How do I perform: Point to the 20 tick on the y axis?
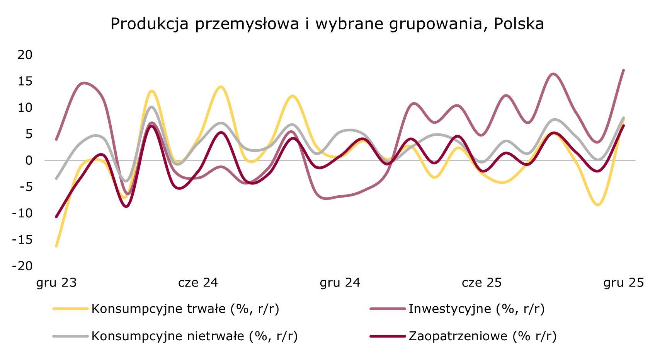click(x=25, y=55)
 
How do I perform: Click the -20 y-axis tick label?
click(x=22, y=266)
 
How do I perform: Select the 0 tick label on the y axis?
click(x=29, y=160)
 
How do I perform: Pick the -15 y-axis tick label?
click(x=22, y=240)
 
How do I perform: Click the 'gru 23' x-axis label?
click(x=56, y=283)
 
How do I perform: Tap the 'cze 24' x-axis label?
click(x=198, y=283)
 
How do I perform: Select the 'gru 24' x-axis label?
click(x=340, y=283)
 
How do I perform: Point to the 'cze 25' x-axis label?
click(x=482, y=283)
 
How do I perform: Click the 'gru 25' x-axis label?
click(x=624, y=283)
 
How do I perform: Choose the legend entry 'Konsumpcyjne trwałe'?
click(x=185, y=309)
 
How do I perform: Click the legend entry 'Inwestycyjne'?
click(x=476, y=309)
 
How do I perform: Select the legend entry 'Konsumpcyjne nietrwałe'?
click(x=194, y=336)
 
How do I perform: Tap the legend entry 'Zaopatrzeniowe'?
click(x=482, y=336)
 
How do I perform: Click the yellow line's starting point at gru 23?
click(x=56, y=246)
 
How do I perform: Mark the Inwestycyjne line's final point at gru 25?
click(x=624, y=70)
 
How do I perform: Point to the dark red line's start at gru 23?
click(x=56, y=217)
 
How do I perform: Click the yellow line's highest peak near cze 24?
click(x=221, y=87)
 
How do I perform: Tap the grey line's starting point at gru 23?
click(x=56, y=179)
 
